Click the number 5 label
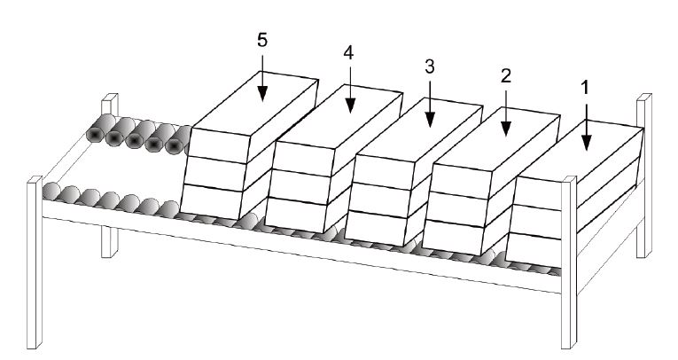coord(262,40)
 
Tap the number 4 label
coord(348,53)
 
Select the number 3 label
coord(429,67)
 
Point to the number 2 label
coord(506,75)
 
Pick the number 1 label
coord(586,88)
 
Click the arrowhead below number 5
coord(262,93)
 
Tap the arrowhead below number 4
coord(350,106)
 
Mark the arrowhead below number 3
coord(430,120)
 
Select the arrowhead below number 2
coord(506,129)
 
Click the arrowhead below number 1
coord(587,143)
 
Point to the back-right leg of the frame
coord(644,176)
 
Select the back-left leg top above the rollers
coord(110,104)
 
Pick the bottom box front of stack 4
coord(295,215)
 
